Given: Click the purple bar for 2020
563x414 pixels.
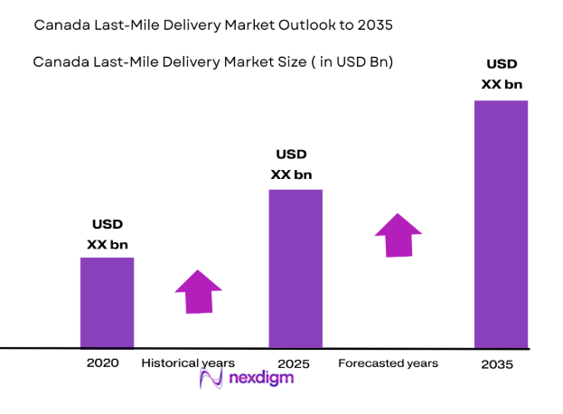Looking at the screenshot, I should click(x=107, y=302).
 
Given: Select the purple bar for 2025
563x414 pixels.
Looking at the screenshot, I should click(x=296, y=268).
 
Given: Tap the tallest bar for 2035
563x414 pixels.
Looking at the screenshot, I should click(x=501, y=223).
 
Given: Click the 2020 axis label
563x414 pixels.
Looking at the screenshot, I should click(x=102, y=362).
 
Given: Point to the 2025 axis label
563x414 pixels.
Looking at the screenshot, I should click(x=295, y=363).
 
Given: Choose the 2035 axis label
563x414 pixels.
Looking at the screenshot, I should click(x=497, y=364).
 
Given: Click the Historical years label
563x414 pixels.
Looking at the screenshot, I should click(x=188, y=362).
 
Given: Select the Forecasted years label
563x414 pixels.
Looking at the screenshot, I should click(x=388, y=362).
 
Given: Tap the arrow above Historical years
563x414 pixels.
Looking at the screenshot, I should click(x=198, y=291).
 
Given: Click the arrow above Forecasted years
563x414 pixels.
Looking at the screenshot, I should click(x=399, y=234).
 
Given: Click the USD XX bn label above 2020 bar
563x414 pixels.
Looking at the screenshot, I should click(x=107, y=234).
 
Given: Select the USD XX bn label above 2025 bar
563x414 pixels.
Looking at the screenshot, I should click(x=292, y=165).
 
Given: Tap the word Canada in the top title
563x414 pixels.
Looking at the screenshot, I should click(x=60, y=24).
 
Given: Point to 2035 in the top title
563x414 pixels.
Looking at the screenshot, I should click(x=376, y=24).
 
